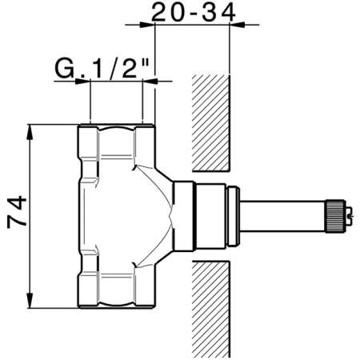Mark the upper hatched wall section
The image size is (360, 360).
pos(211,124)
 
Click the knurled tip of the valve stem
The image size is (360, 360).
pos(332,214)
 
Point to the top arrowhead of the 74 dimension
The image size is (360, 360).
pos(30,129)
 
